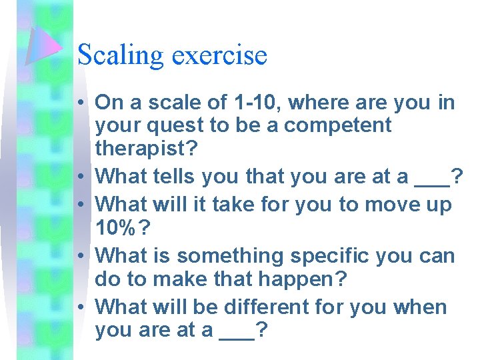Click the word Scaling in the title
(121, 55)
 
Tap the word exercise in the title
(219, 55)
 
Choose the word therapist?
(146, 148)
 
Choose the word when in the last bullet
(420, 307)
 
